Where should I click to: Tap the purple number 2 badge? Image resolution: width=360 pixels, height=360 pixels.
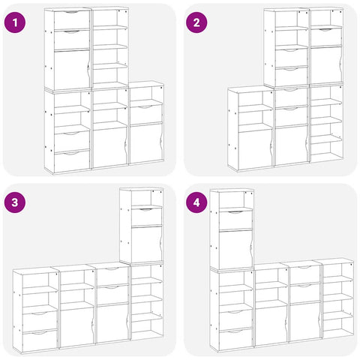click(x=197, y=22)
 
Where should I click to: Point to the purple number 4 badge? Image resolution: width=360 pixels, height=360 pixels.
click(x=197, y=202)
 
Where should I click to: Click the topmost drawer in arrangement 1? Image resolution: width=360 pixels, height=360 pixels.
click(x=70, y=20)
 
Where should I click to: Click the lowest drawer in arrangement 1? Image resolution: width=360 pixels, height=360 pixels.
click(x=70, y=160)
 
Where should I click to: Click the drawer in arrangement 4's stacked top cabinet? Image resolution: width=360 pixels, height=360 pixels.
click(x=234, y=220)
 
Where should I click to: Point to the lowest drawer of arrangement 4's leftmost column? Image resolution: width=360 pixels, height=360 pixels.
click(x=234, y=340)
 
